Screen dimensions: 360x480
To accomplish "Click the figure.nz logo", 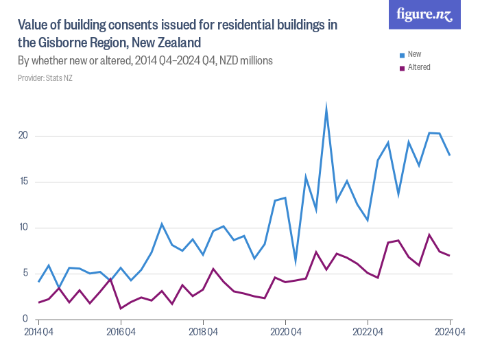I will coord(424,14).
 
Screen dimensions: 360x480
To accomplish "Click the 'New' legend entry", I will coord(414,54).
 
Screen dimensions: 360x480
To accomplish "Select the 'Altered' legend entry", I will coord(418,67).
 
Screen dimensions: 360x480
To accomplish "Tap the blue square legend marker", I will coord(402,55).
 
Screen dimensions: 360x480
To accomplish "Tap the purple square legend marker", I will coord(402,68).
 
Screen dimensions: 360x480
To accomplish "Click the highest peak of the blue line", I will coord(326,107).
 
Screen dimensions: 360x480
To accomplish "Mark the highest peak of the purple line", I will coord(429,235).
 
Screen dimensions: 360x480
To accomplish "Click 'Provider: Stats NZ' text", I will coord(45,78).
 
